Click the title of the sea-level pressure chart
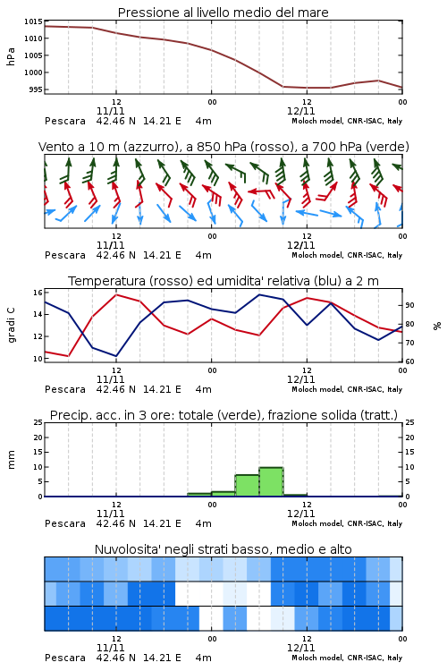click(x=223, y=13)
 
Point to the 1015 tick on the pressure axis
click(x=33, y=21)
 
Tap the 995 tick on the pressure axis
click(x=36, y=89)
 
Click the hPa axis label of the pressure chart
click(x=11, y=56)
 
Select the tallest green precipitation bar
click(x=271, y=482)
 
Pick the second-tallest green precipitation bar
click(x=248, y=485)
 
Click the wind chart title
click(x=223, y=147)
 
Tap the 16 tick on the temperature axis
click(x=38, y=293)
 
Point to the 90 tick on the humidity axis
click(x=409, y=305)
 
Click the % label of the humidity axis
click(x=437, y=326)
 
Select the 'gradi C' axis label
click(x=12, y=326)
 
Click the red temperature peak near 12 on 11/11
click(x=116, y=294)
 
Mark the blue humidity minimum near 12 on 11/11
click(x=116, y=356)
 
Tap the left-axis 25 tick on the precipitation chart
click(x=38, y=422)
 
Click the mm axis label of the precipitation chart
click(x=11, y=460)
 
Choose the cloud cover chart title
click(x=223, y=549)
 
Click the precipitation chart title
click(x=223, y=415)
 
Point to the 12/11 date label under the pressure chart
click(x=300, y=111)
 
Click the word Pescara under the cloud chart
click(x=65, y=658)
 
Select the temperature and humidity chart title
click(x=223, y=281)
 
